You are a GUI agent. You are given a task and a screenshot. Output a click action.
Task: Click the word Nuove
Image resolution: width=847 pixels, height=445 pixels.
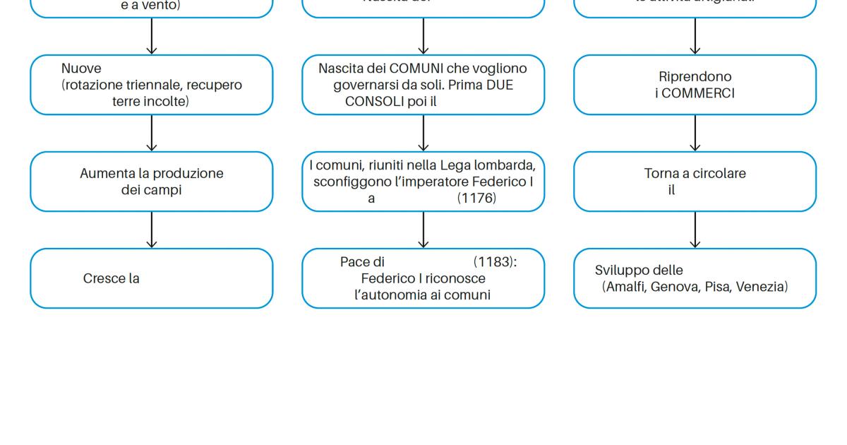[81, 69]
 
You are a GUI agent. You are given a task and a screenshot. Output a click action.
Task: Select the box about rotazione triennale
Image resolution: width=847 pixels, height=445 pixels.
[151, 85]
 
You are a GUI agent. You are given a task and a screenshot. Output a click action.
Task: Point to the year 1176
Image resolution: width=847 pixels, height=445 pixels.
[476, 198]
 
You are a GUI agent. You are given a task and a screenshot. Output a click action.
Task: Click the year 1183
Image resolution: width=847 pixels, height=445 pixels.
[493, 262]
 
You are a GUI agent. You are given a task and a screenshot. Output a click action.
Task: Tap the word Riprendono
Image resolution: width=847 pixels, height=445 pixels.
[695, 76]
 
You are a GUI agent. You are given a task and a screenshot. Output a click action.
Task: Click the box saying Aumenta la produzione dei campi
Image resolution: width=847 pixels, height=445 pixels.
[151, 182]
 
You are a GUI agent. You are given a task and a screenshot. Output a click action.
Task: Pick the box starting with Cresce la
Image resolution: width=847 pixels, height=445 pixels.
[151, 278]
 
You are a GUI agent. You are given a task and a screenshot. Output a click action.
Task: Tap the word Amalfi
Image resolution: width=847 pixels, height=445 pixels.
[625, 287]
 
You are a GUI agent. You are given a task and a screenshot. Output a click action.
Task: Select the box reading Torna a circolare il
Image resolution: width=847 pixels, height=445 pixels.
[695, 182]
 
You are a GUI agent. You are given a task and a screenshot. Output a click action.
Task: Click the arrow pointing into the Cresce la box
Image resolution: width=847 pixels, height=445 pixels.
[151, 230]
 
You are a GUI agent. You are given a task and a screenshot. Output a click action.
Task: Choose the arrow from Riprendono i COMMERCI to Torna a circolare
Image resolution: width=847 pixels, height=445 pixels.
[695, 133]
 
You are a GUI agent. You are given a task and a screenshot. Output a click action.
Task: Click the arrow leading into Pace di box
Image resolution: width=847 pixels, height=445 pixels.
[423, 230]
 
